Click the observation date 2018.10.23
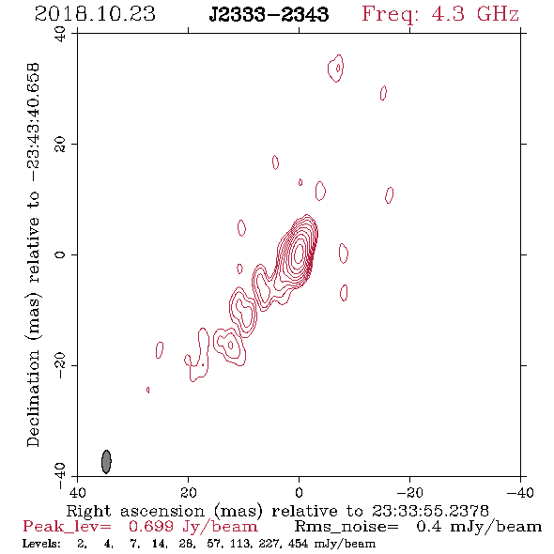tap(95, 14)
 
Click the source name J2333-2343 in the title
tap(269, 14)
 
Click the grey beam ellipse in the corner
tap(106, 461)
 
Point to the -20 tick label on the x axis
tap(409, 493)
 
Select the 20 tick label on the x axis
tap(188, 493)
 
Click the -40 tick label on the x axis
tap(520, 493)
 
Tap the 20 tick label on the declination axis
tap(60, 145)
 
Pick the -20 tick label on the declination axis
tap(60, 365)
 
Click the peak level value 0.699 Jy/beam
tap(193, 527)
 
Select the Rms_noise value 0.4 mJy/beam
tap(479, 527)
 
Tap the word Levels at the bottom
tap(41, 543)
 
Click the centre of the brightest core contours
tap(299, 253)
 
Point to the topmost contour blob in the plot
tap(335, 69)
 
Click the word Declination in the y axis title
tap(33, 398)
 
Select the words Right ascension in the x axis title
tap(135, 511)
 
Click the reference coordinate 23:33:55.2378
tap(430, 511)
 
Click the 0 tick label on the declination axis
tap(60, 254)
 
